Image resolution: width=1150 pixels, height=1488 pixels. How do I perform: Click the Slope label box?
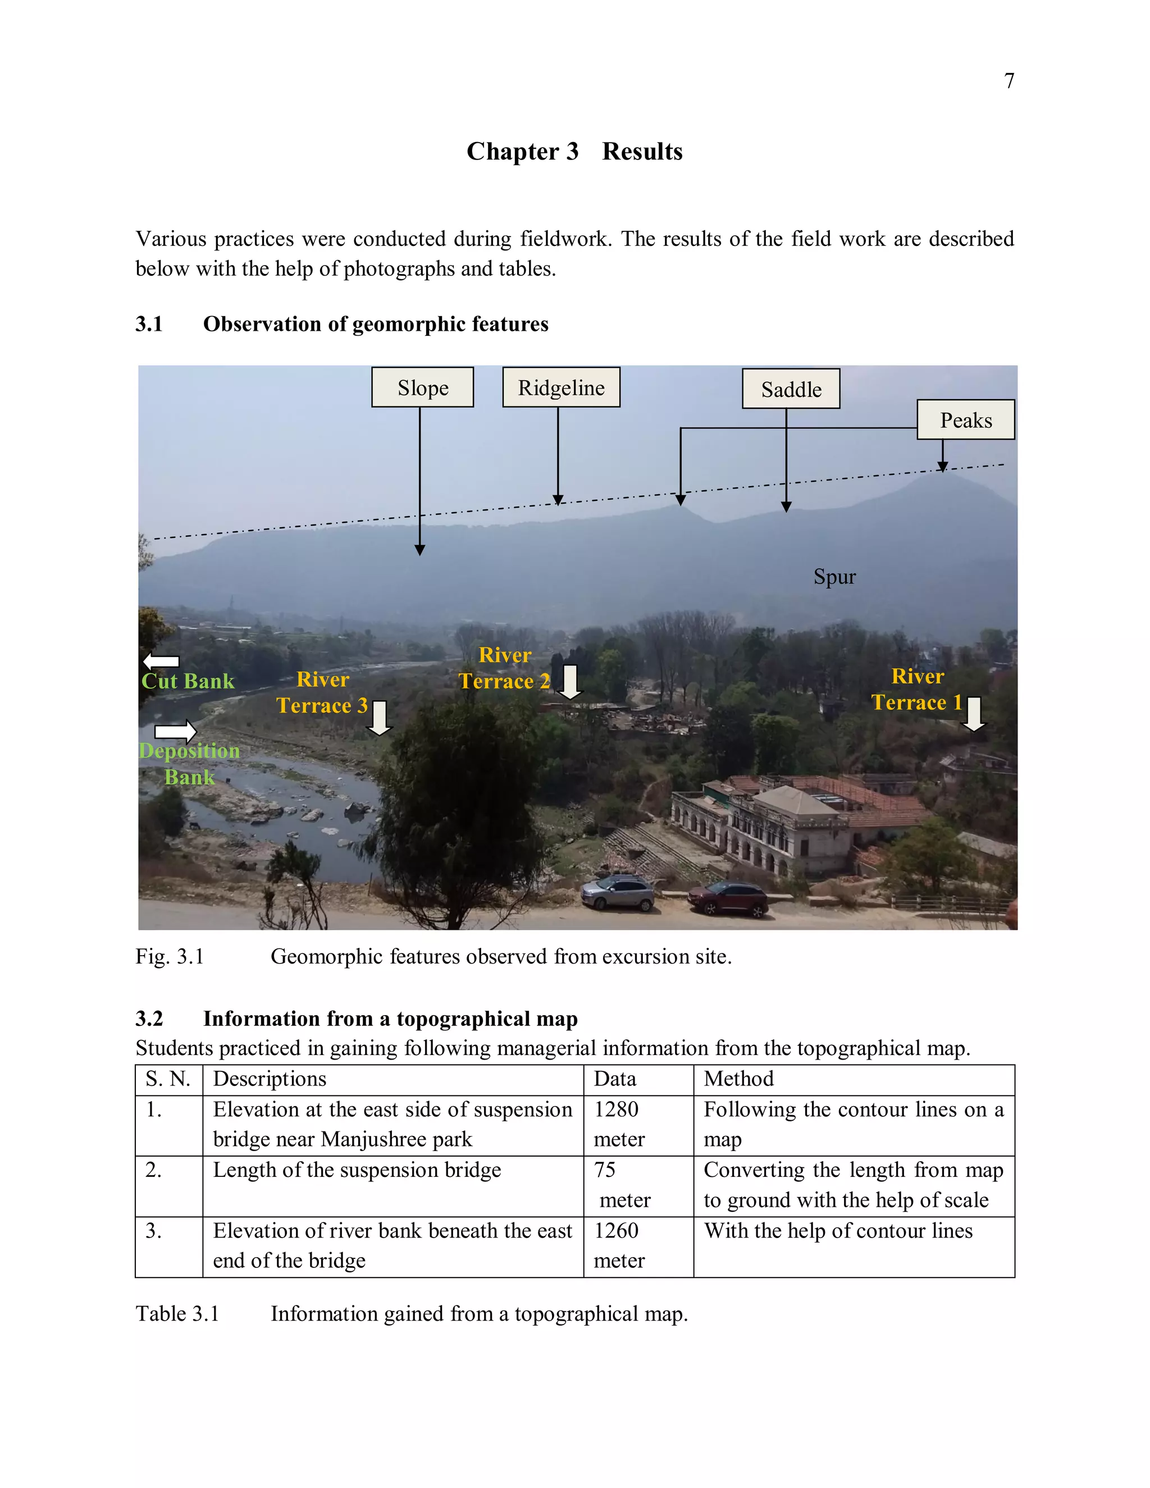click(422, 387)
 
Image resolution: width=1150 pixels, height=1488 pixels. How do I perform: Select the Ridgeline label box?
click(561, 387)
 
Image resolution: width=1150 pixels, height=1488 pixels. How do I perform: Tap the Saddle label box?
click(790, 389)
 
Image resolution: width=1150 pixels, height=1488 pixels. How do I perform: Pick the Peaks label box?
click(965, 419)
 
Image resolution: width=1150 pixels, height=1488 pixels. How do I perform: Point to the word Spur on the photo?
click(834, 577)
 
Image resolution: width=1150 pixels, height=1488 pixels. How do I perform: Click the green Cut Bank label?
click(188, 681)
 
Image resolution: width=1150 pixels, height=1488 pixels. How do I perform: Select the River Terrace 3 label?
click(322, 692)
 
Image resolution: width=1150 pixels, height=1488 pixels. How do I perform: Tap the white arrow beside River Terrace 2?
click(569, 681)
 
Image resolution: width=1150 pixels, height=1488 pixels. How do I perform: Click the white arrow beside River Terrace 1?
click(974, 713)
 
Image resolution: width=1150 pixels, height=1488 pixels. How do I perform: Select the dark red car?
click(728, 897)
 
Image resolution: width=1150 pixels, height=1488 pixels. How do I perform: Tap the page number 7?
click(1009, 81)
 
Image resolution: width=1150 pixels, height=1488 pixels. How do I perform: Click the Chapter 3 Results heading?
click(574, 151)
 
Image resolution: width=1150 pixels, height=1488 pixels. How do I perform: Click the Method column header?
click(738, 1079)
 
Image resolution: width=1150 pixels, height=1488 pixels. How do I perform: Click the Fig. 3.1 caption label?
click(170, 957)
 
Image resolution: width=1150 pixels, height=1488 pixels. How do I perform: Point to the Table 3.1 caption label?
click(177, 1313)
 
